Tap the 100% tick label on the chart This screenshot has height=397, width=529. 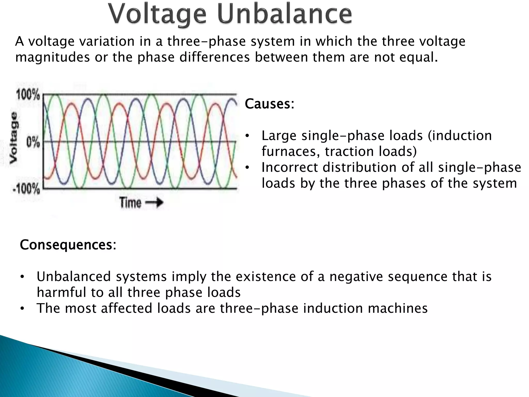tap(28, 95)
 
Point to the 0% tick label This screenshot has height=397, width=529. tap(33, 142)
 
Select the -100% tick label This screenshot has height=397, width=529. tap(26, 189)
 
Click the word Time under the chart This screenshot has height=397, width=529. tap(130, 202)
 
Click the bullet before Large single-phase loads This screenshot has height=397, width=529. tap(247, 136)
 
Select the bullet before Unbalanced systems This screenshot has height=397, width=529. tap(22, 277)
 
